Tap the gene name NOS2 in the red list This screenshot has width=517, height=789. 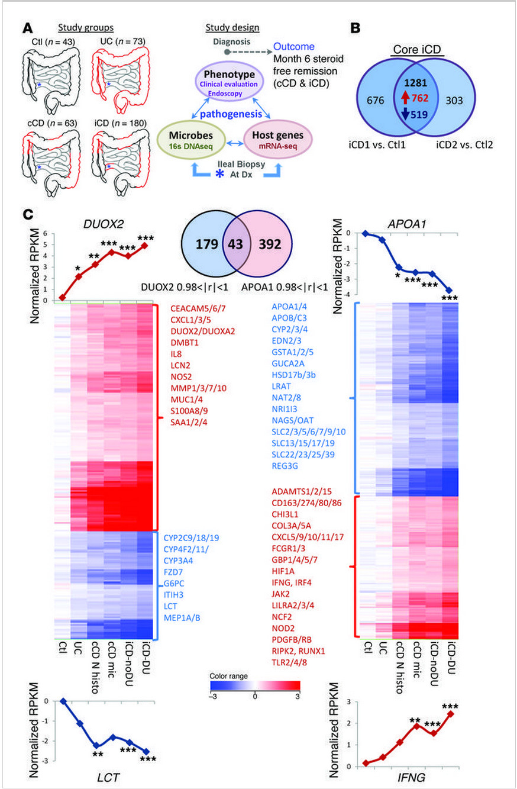tap(181, 376)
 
